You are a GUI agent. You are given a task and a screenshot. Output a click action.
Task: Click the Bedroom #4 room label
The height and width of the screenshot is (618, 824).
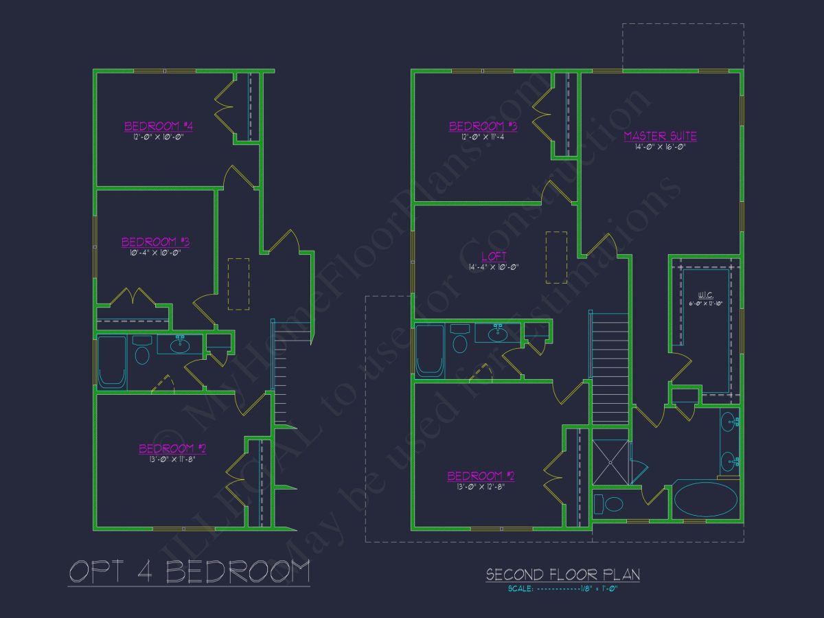tap(158, 126)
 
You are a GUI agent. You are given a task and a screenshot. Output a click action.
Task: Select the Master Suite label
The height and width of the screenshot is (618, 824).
tap(660, 136)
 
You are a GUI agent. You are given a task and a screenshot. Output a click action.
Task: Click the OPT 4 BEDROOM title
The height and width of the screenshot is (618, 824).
tap(189, 571)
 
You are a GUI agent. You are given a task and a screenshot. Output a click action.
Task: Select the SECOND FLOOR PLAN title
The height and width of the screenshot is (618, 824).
tap(562, 574)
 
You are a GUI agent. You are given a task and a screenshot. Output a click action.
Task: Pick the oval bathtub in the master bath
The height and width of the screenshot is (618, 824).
tap(705, 499)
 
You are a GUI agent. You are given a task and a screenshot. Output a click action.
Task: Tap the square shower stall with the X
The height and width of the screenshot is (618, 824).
tap(610, 461)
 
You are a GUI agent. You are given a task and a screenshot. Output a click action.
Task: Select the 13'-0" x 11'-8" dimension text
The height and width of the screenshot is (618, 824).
tap(172, 459)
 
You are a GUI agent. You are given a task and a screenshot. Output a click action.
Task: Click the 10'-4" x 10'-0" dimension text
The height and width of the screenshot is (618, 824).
tap(155, 253)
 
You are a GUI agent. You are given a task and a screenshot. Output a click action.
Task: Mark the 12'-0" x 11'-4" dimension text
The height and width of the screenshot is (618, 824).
tap(483, 137)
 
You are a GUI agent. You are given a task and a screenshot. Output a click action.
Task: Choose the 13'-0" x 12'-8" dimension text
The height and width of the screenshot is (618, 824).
tap(481, 487)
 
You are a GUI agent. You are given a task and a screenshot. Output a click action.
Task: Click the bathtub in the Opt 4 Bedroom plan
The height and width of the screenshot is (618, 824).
tap(112, 362)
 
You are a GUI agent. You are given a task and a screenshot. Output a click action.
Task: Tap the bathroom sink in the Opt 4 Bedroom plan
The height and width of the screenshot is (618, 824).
tap(180, 343)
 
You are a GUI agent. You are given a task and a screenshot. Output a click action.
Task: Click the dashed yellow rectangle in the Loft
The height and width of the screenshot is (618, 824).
tap(556, 257)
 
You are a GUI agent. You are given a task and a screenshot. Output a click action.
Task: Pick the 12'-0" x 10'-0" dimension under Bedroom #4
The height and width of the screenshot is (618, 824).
tap(158, 137)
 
